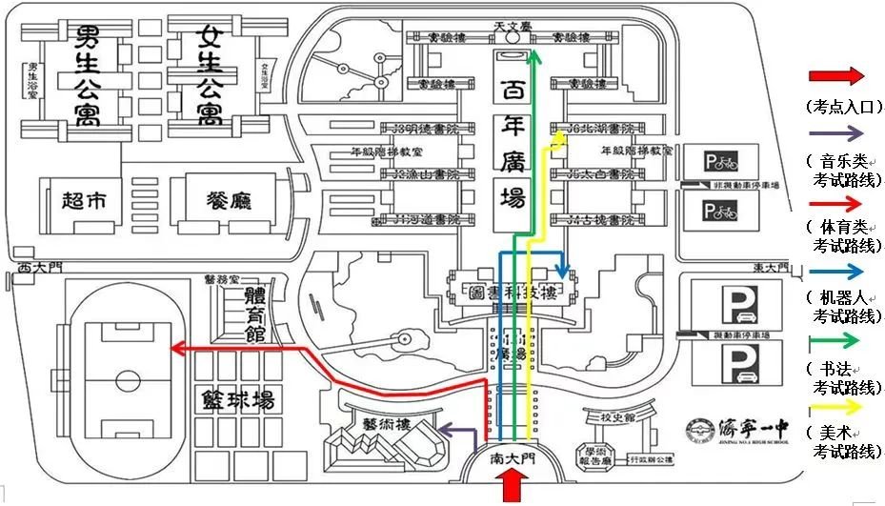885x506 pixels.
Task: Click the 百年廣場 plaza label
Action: (513, 145)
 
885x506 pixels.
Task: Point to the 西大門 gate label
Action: (38, 268)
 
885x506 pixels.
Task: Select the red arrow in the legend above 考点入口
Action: (835, 76)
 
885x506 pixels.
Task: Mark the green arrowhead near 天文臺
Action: (534, 58)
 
